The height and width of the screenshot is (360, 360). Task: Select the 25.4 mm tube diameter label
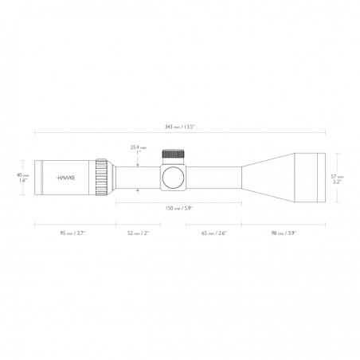point(139,147)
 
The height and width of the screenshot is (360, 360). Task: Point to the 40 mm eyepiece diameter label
point(23,175)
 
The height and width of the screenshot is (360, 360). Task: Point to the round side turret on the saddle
point(174,178)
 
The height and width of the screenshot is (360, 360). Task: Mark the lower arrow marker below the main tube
point(139,190)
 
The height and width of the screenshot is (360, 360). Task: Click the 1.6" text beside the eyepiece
point(23,182)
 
